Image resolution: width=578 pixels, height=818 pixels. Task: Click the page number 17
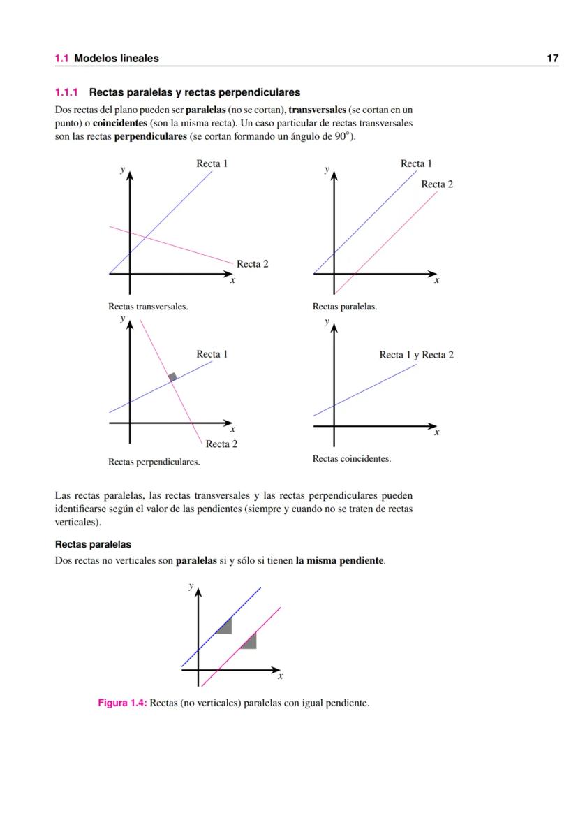(552, 59)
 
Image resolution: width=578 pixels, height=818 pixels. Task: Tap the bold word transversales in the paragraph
(318, 110)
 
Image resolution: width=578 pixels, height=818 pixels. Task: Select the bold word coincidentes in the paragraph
(119, 123)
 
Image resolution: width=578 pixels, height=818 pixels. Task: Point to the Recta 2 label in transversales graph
(252, 264)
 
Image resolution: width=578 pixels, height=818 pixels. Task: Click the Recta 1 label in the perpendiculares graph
(212, 354)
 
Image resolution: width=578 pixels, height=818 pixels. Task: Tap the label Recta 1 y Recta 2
(416, 355)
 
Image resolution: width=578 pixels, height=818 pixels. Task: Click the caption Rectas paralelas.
(345, 307)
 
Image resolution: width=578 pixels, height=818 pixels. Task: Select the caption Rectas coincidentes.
(352, 459)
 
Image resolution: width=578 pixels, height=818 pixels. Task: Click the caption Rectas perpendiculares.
(154, 462)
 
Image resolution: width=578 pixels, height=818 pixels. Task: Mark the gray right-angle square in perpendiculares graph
(172, 377)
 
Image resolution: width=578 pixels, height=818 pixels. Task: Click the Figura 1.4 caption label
(122, 703)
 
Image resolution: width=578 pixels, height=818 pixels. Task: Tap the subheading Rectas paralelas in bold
(93, 544)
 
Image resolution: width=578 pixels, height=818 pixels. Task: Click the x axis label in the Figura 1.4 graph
(281, 676)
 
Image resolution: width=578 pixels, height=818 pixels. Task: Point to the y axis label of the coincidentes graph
(326, 323)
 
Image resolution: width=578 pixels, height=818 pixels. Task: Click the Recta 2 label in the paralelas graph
(437, 184)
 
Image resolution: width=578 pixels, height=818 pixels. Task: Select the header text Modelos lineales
(116, 59)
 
